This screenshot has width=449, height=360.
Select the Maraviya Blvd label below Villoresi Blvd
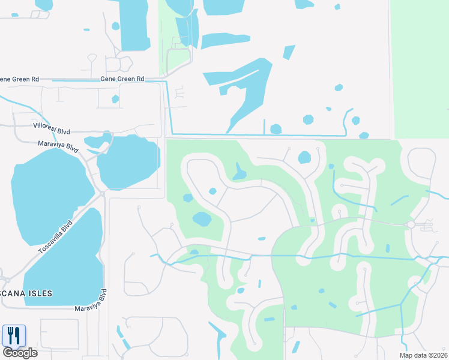click(x=58, y=145)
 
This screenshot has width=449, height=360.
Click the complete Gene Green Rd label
click(x=122, y=79)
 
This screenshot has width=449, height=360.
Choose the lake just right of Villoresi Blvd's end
click(x=129, y=161)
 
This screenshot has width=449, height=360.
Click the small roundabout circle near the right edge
click(x=411, y=224)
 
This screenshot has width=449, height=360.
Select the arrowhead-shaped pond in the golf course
click(x=240, y=173)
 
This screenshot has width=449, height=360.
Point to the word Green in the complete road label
click(x=122, y=79)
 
